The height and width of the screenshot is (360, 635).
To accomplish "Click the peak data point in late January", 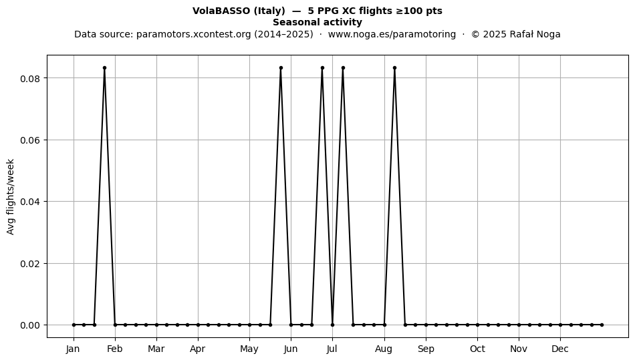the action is tap(104, 68).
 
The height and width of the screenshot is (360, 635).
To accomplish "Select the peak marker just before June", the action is tap(281, 68).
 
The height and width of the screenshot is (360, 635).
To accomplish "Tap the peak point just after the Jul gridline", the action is tap(343, 68).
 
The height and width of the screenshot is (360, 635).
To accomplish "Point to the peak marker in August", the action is tap(395, 68).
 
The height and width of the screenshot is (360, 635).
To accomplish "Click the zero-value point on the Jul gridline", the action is tap(332, 325).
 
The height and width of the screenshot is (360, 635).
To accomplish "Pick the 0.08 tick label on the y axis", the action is tap(30, 78).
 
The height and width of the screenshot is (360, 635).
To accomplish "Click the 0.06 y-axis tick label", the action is tap(30, 140).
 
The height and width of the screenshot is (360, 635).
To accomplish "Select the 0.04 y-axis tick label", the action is tap(30, 202).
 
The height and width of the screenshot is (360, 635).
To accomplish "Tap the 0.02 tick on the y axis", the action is tap(30, 263).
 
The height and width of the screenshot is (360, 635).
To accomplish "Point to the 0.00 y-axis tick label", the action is tap(30, 325).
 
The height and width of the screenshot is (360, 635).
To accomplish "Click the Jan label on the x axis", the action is tap(74, 349).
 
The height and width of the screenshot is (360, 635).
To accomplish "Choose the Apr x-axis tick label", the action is tap(198, 349).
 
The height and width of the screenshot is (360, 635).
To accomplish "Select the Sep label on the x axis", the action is tap(426, 349).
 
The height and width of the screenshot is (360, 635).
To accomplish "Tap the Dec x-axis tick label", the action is tap(561, 349).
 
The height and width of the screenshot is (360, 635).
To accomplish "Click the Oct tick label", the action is tap(478, 349).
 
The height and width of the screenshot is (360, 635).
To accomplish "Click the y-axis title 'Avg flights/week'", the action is tap(11, 196).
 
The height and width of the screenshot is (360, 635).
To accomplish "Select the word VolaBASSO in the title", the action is tap(221, 11).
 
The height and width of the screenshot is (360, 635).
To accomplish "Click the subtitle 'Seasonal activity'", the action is tap(317, 22).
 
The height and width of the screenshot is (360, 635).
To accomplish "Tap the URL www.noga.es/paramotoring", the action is tap(392, 34).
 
